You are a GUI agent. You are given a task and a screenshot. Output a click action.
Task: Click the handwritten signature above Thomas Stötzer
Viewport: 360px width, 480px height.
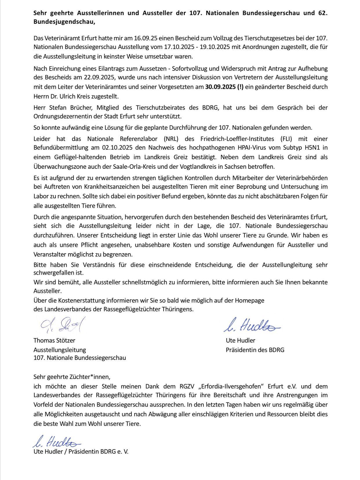coord(61,325)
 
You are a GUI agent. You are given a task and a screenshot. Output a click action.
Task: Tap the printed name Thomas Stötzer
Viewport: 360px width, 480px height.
coord(54,340)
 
